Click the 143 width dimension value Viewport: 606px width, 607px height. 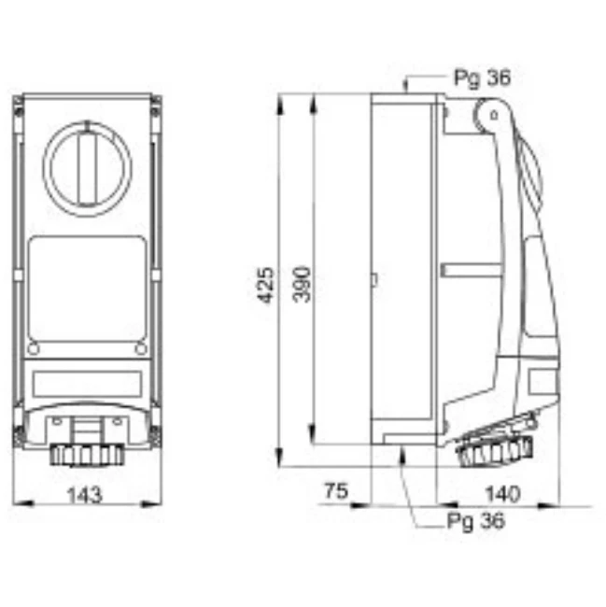[x=85, y=495]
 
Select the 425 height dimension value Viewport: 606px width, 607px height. [x=266, y=285]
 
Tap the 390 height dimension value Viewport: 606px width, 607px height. [x=302, y=285]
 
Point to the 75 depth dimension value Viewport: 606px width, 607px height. [x=336, y=491]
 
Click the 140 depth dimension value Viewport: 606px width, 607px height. [x=502, y=494]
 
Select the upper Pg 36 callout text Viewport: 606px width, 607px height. [x=482, y=78]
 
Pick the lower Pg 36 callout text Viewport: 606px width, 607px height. [x=475, y=521]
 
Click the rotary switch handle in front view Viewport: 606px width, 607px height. [x=88, y=168]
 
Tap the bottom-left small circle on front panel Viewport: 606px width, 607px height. [x=34, y=349]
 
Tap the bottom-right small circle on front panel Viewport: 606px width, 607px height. [x=141, y=349]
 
